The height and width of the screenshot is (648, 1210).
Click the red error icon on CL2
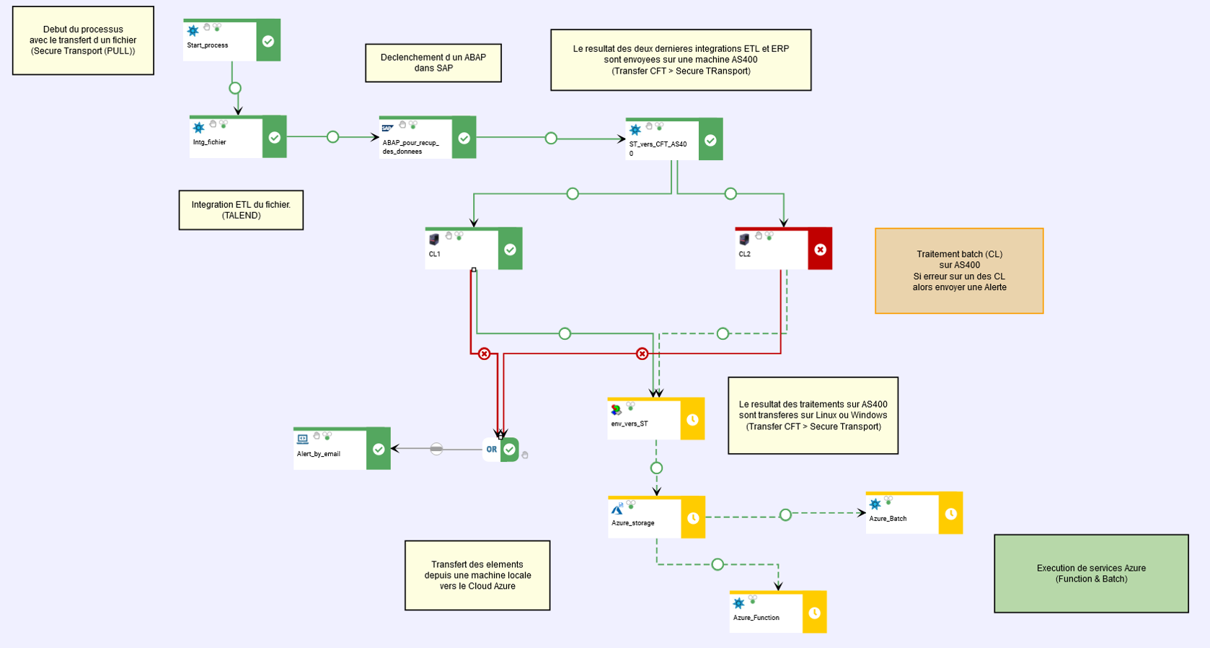pos(820,250)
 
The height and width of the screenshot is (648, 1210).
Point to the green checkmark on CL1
pos(510,250)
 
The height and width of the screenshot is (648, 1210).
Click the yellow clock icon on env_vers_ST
pos(692,419)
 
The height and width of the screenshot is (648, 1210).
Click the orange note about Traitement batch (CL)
pos(959,271)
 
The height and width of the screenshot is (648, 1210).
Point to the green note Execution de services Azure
pos(1091,574)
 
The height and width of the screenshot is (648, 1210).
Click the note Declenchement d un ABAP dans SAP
pos(433,63)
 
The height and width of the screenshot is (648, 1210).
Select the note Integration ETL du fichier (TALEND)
pos(241,210)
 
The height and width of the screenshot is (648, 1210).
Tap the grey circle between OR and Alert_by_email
pos(436,449)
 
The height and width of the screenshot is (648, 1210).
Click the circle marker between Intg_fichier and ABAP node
pos(332,136)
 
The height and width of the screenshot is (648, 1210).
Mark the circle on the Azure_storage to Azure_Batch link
pos(785,515)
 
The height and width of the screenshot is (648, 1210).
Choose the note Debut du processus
pos(83,40)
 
